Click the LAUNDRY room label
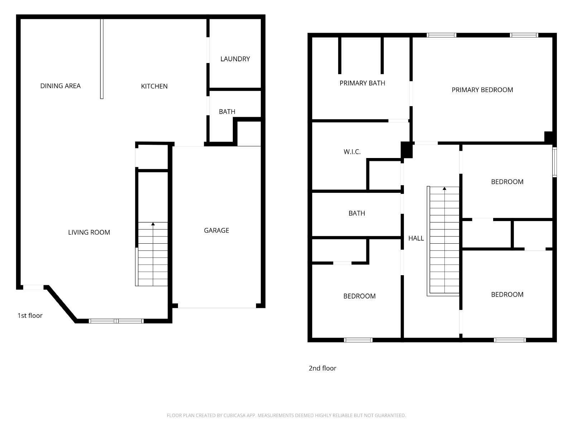[x=235, y=59]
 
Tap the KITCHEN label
[x=154, y=86]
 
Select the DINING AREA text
[x=60, y=86]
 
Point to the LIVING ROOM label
[x=89, y=232]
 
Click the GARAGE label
[x=216, y=230]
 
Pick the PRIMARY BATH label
[x=362, y=83]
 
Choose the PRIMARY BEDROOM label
[x=482, y=90]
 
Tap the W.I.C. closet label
[x=352, y=152]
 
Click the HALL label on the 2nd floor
[x=416, y=238]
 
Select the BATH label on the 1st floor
[x=227, y=112]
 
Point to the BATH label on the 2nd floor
[x=357, y=213]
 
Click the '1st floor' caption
[x=30, y=316]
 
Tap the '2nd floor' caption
[x=322, y=368]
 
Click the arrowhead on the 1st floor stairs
[x=153, y=224]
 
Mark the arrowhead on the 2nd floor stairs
[x=444, y=188]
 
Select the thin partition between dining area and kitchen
[x=102, y=59]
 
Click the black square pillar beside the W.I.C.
[x=406, y=150]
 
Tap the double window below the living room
[x=116, y=321]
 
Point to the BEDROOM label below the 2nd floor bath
[x=360, y=296]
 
